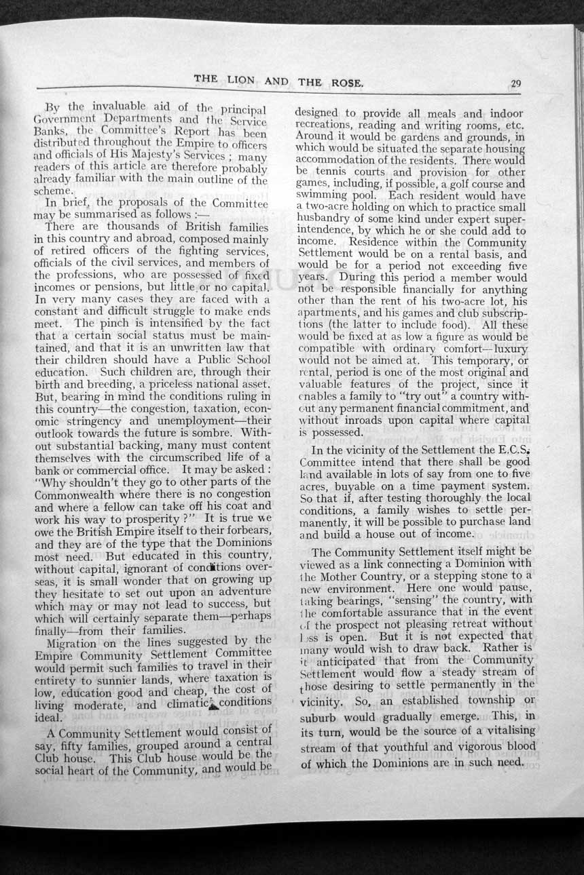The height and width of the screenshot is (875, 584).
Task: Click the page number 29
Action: pos(515,83)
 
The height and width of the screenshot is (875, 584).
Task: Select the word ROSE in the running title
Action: pos(346,83)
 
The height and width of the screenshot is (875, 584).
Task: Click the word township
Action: pos(485,700)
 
